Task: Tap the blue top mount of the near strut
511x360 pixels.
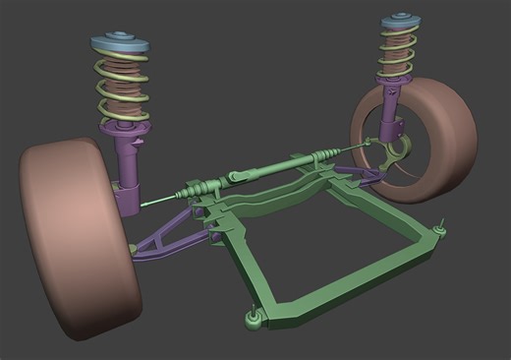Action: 120,47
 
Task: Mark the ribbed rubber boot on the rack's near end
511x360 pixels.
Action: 200,187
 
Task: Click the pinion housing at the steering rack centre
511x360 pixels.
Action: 240,176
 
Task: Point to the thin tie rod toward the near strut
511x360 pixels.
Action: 162,200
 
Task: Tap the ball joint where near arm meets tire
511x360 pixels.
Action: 134,249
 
